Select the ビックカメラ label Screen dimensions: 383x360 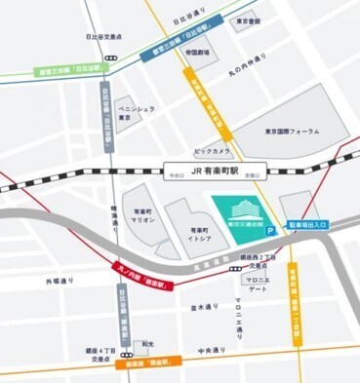[x=212, y=152]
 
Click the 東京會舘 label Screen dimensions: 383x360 [x=248, y=19]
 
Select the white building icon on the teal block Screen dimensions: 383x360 [x=238, y=208]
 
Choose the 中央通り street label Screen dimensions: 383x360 [x=212, y=350]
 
